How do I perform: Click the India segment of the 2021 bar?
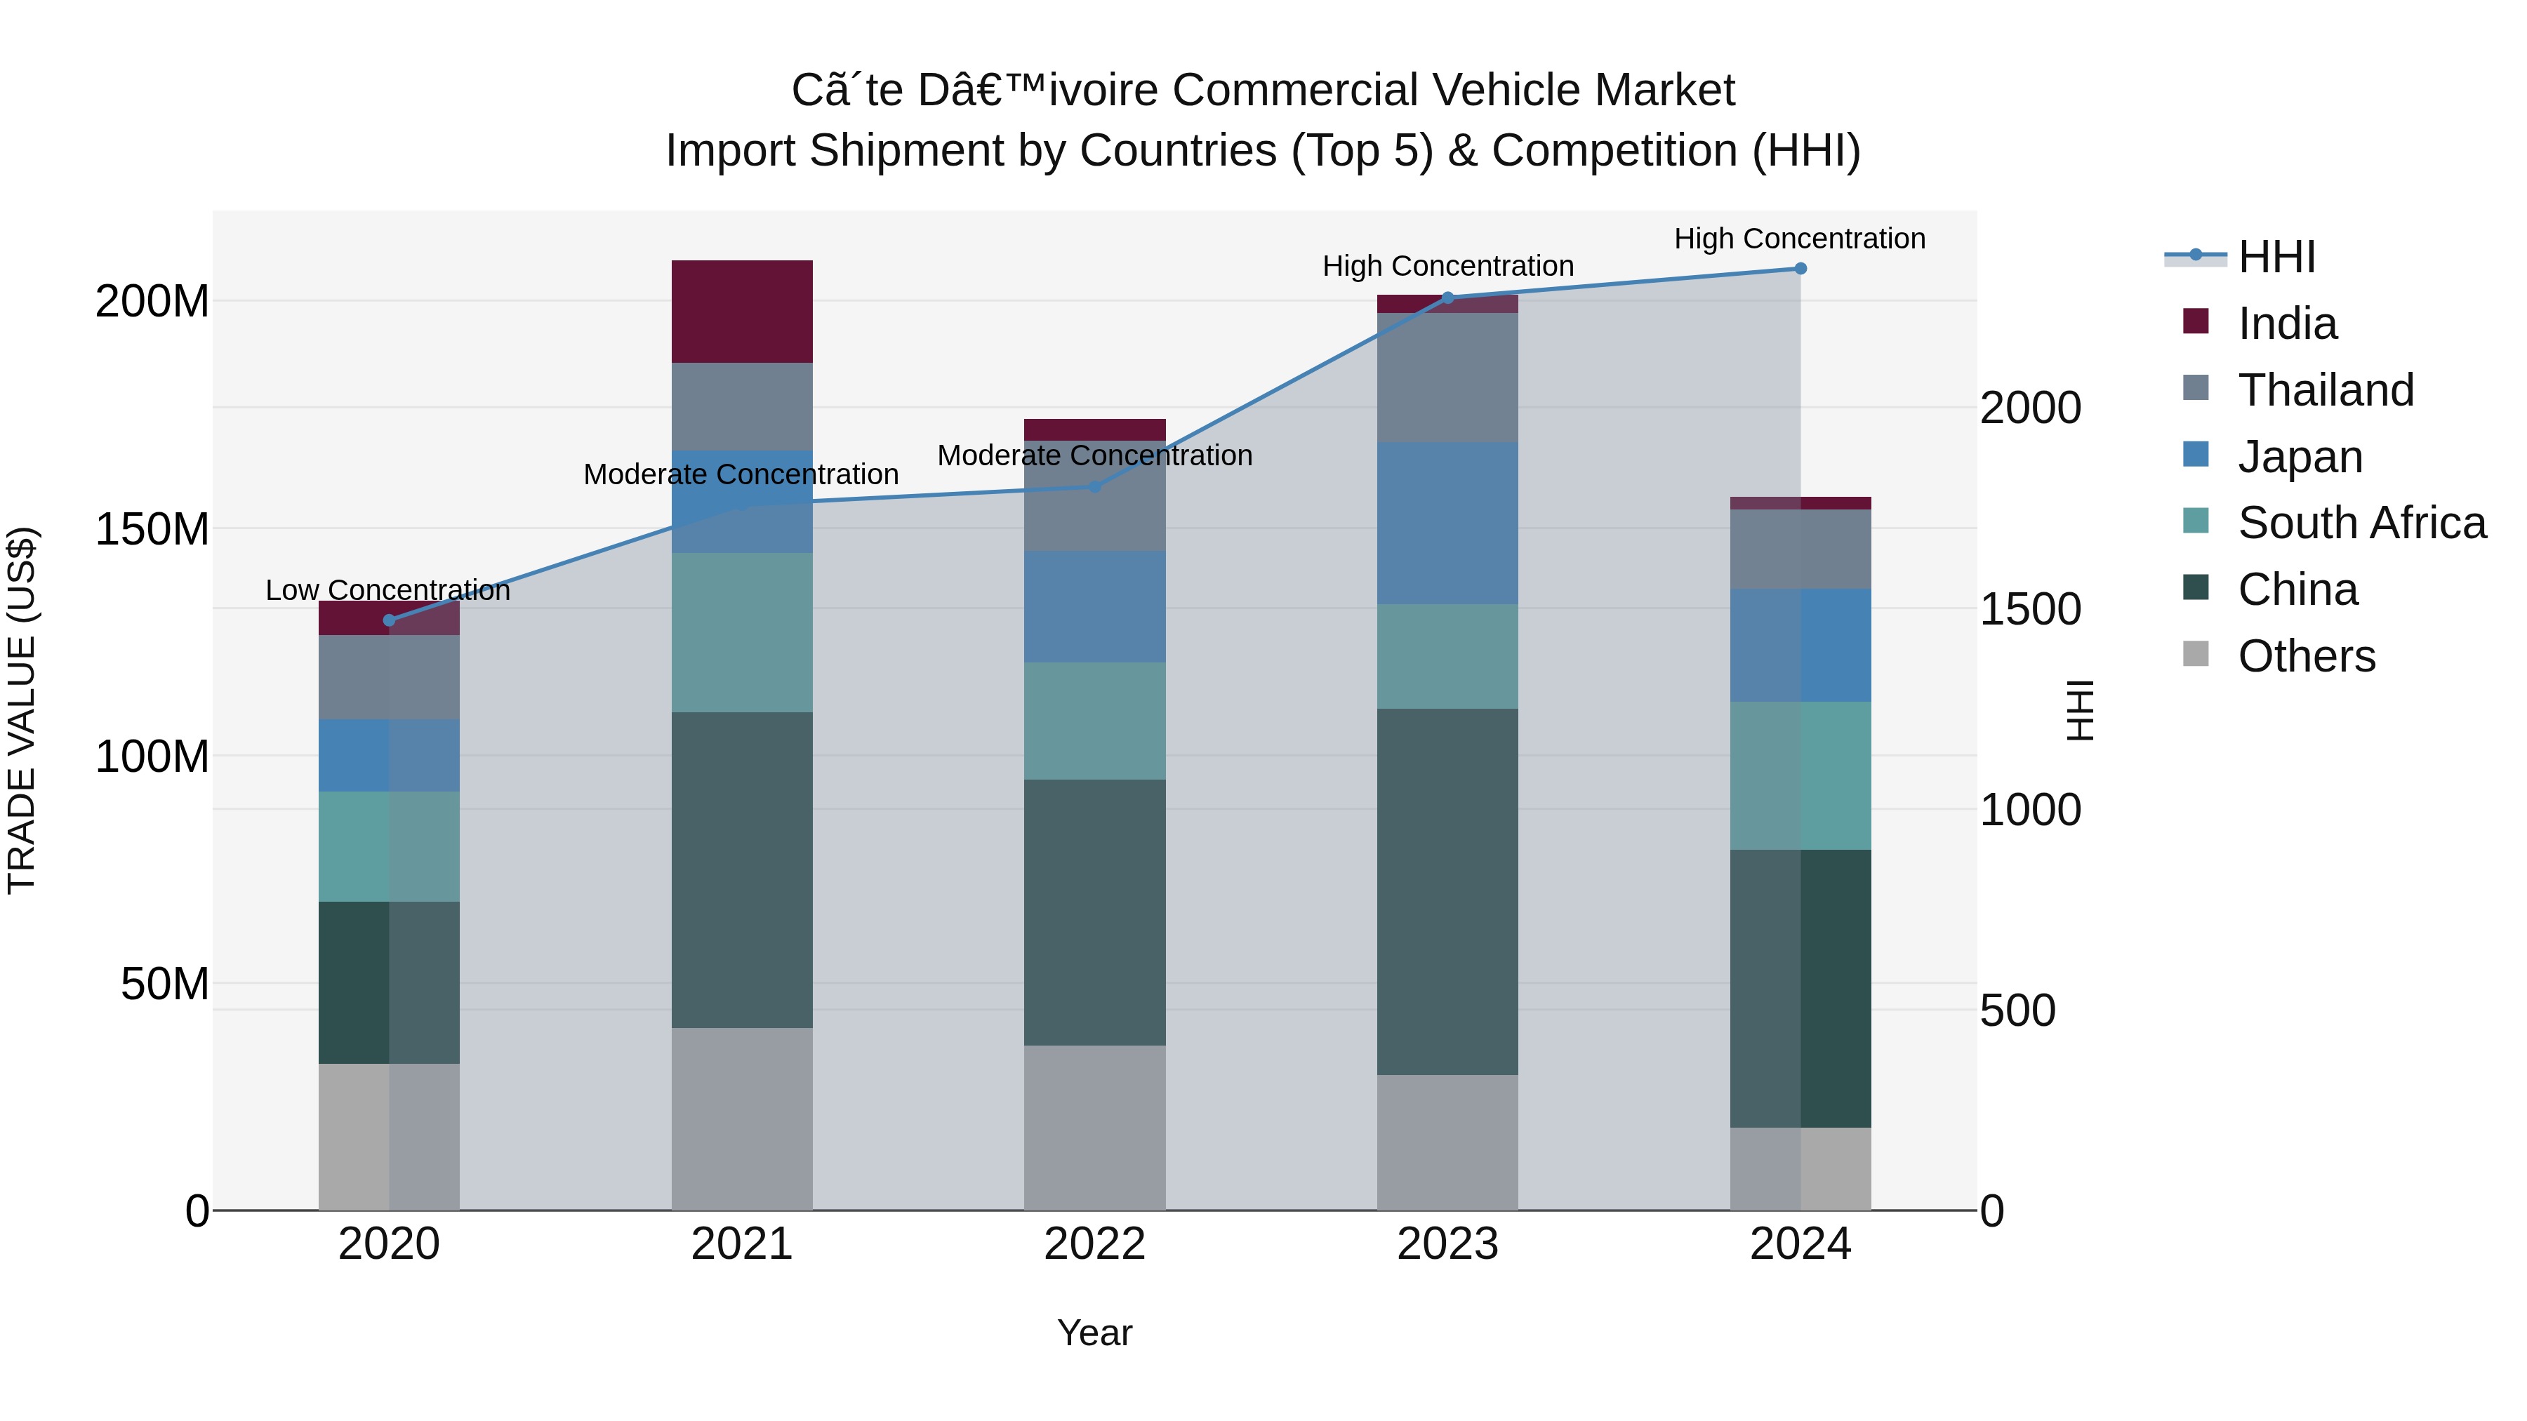coord(742,312)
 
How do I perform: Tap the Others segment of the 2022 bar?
coord(1095,1128)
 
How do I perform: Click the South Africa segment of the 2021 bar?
coord(742,632)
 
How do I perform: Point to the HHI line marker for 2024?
coord(1800,269)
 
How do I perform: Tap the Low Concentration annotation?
coord(387,590)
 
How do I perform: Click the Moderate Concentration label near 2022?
coord(1095,456)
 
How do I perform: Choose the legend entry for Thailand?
coord(2325,390)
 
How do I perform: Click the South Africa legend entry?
coord(2361,523)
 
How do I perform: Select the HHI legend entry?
coord(2276,257)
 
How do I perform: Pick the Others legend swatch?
coord(2196,654)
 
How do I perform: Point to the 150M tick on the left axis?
coord(152,530)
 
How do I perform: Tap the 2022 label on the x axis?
coord(1095,1244)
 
